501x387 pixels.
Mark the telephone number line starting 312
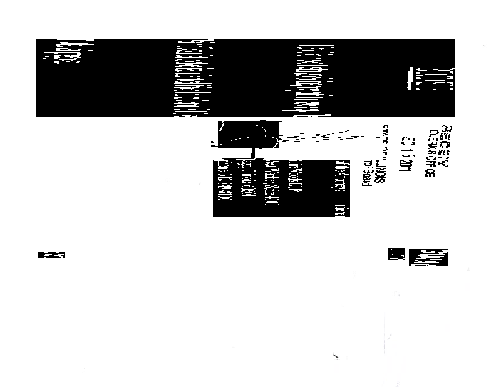[220, 188]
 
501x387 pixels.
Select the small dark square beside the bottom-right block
[396, 254]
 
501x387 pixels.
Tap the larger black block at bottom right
[429, 257]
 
